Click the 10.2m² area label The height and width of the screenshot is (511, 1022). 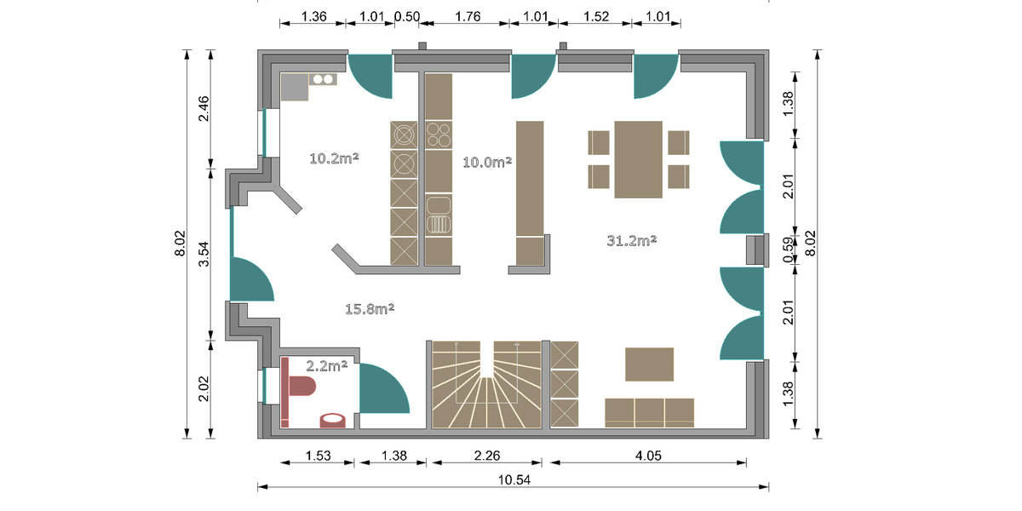pos(333,158)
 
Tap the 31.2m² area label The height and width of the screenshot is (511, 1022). pos(631,241)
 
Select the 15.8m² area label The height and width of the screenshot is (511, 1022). pos(369,308)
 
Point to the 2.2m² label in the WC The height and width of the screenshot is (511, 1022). pos(327,366)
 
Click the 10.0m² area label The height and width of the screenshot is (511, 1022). pos(487,162)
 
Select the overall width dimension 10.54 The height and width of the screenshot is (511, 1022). pos(514,479)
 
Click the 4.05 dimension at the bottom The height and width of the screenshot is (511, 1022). pos(650,455)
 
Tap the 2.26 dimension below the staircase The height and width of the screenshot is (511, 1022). pos(486,455)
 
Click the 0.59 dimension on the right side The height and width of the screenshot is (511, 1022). pos(788,249)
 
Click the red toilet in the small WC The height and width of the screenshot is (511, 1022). pos(301,387)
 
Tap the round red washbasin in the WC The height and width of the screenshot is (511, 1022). pos(332,419)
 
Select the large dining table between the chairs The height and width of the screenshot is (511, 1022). pos(639,159)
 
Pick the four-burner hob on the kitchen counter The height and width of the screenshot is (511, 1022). pos(438,135)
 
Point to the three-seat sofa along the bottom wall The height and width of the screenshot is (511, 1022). pos(649,411)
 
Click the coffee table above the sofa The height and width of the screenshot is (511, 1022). pos(649,365)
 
